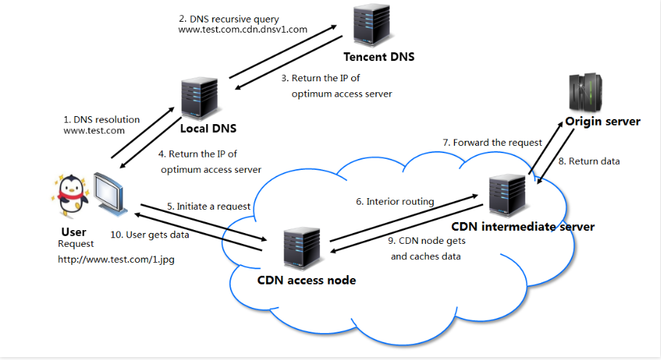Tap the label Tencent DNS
pos(379,57)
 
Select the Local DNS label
pos(208,129)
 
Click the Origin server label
pos(603,121)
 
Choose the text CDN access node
pos(307,279)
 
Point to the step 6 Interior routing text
pos(395,201)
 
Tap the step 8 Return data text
pos(594,161)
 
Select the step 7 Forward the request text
pos(493,142)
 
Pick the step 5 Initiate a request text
pos(208,206)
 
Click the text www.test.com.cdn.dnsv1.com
pos(242,29)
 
